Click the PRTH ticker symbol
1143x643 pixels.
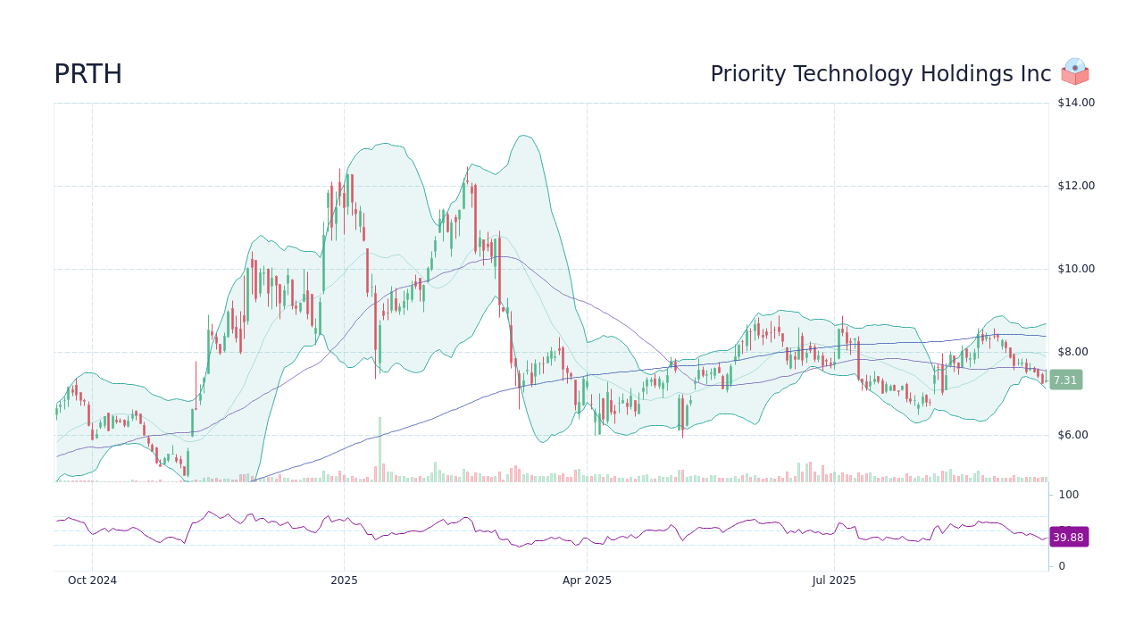[88, 75]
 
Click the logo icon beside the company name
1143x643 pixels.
[1075, 72]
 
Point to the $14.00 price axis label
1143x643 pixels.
[1075, 103]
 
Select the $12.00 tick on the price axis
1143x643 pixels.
[1075, 186]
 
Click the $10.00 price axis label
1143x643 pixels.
[1075, 269]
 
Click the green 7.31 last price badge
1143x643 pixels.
[1065, 380]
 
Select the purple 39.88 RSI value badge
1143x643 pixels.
[1068, 537]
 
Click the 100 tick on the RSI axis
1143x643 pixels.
[1068, 495]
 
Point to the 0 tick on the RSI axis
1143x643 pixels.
[1062, 566]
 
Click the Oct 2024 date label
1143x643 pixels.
[92, 580]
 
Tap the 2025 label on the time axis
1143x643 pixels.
[344, 580]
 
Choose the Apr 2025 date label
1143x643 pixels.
[587, 580]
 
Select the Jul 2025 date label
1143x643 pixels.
[834, 580]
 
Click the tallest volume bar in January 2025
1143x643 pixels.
[380, 449]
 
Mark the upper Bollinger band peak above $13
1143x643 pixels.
[523, 136]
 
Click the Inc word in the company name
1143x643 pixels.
[1036, 75]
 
